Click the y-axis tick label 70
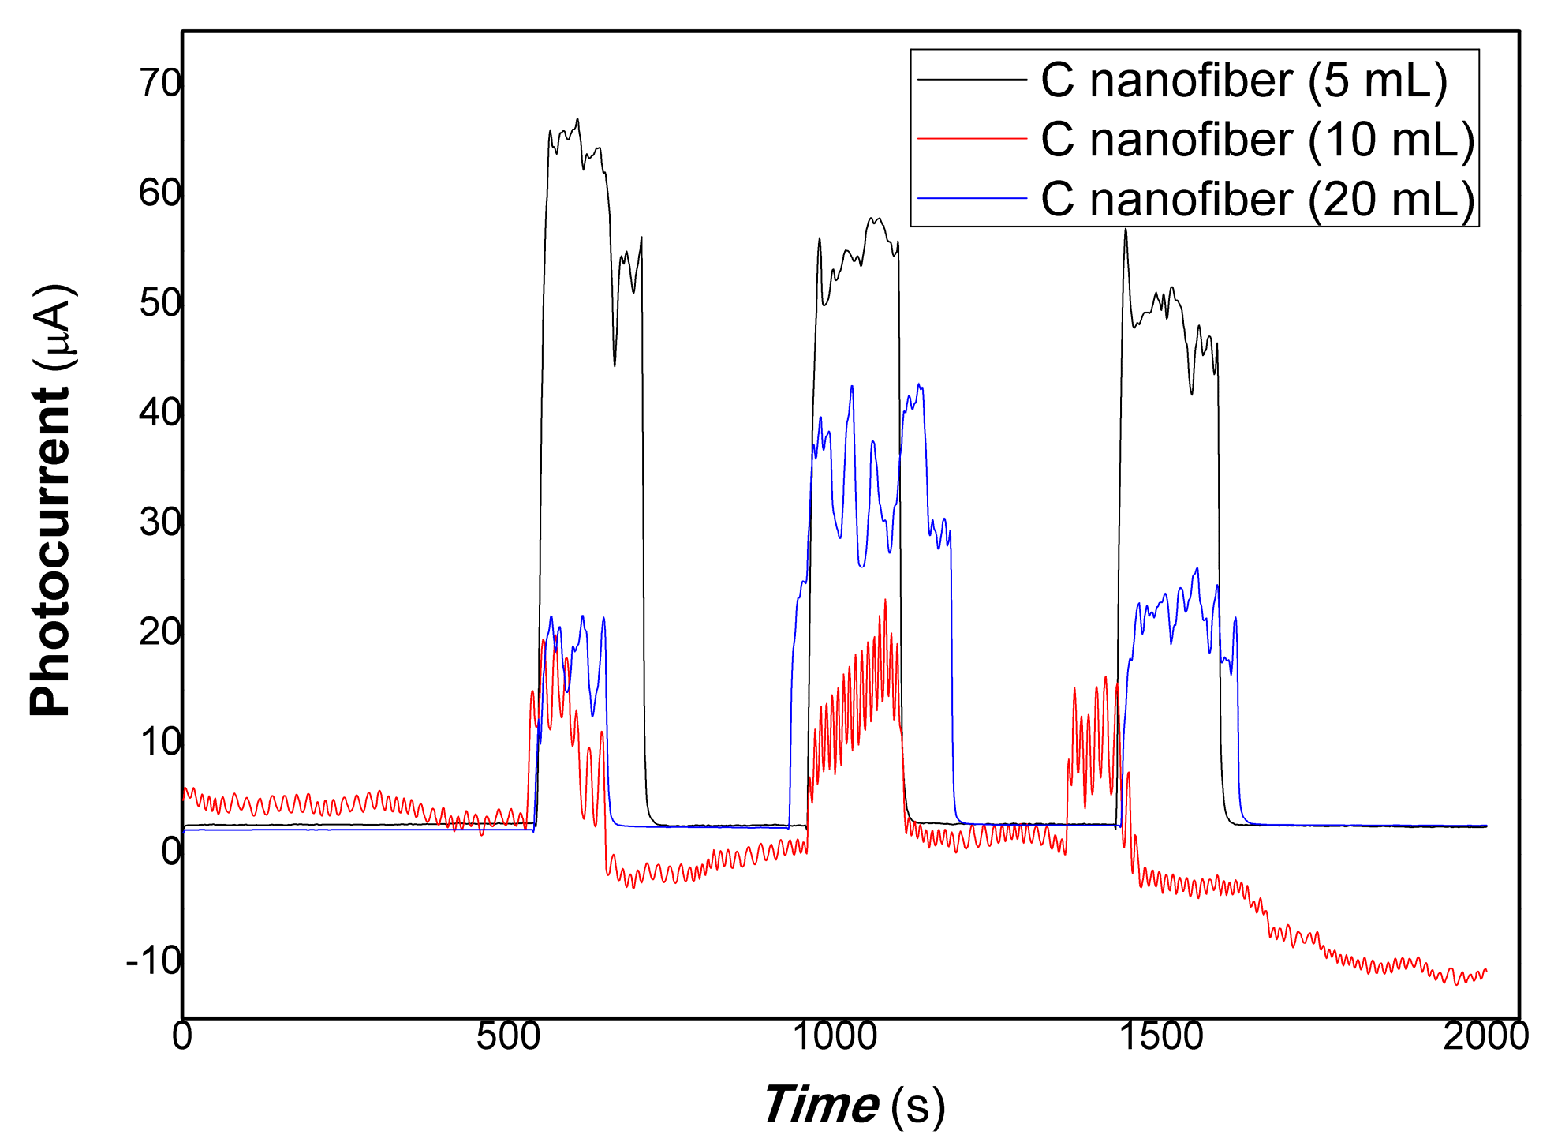161,82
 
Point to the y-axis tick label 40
161,412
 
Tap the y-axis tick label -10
154,961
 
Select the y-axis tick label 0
171,852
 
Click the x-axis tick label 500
508,1036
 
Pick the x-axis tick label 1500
1160,1036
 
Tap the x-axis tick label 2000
1486,1036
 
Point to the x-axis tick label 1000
835,1036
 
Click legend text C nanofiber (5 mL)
1244,81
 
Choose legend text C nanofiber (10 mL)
1257,140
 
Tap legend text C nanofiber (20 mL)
1257,199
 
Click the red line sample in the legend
972,139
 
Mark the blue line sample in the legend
972,198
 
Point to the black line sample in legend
972,80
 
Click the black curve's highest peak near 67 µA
577,119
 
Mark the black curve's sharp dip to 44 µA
615,365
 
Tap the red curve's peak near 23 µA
885,600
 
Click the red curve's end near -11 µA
1485,971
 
